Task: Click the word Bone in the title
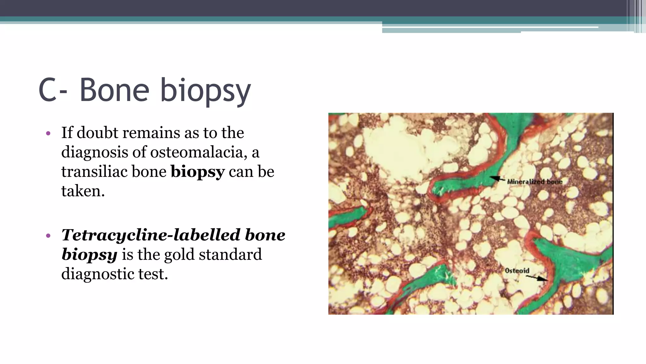tap(114, 90)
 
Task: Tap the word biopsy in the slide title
tap(205, 92)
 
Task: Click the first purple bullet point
tap(48, 134)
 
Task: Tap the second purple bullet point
tap(48, 236)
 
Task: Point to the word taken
tap(83, 191)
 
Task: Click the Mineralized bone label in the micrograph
tap(535, 182)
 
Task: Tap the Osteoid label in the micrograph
tap(517, 271)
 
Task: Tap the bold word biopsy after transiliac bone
tap(197, 172)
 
